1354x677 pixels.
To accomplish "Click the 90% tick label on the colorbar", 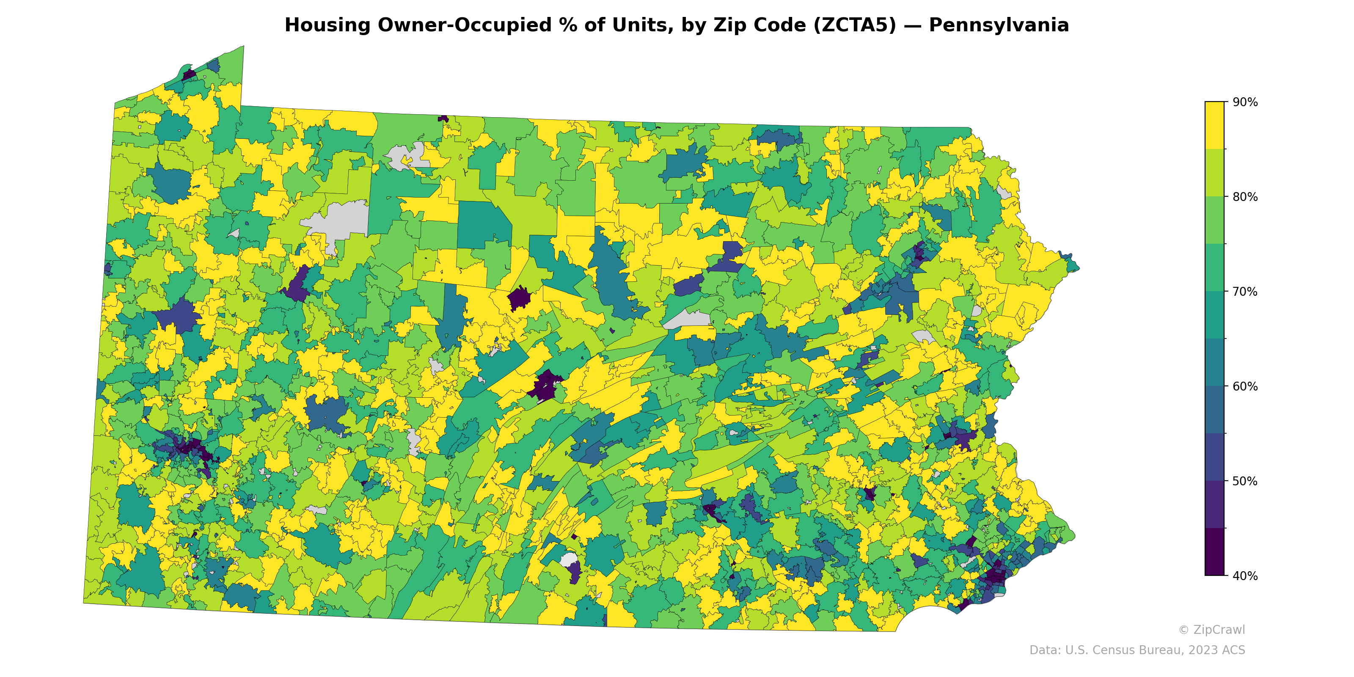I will (1245, 102).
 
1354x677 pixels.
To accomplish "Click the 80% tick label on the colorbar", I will (1245, 197).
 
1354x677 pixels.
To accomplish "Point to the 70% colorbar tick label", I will (1245, 292).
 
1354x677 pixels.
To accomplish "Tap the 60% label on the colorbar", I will (1245, 386).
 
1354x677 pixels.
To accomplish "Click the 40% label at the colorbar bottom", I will (1245, 576).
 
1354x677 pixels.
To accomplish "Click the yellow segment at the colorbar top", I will (1214, 125).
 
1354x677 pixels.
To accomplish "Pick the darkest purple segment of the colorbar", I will (1214, 552).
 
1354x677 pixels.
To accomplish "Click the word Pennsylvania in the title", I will (999, 25).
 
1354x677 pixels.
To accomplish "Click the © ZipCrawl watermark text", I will (1211, 630).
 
